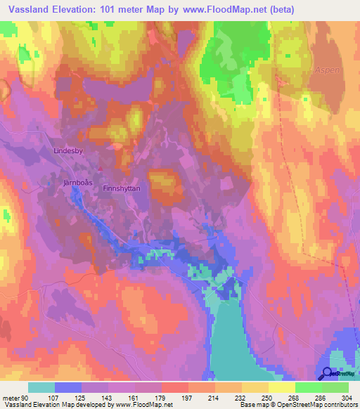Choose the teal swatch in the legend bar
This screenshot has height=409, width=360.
(41, 387)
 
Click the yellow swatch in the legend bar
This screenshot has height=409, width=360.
(282, 387)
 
